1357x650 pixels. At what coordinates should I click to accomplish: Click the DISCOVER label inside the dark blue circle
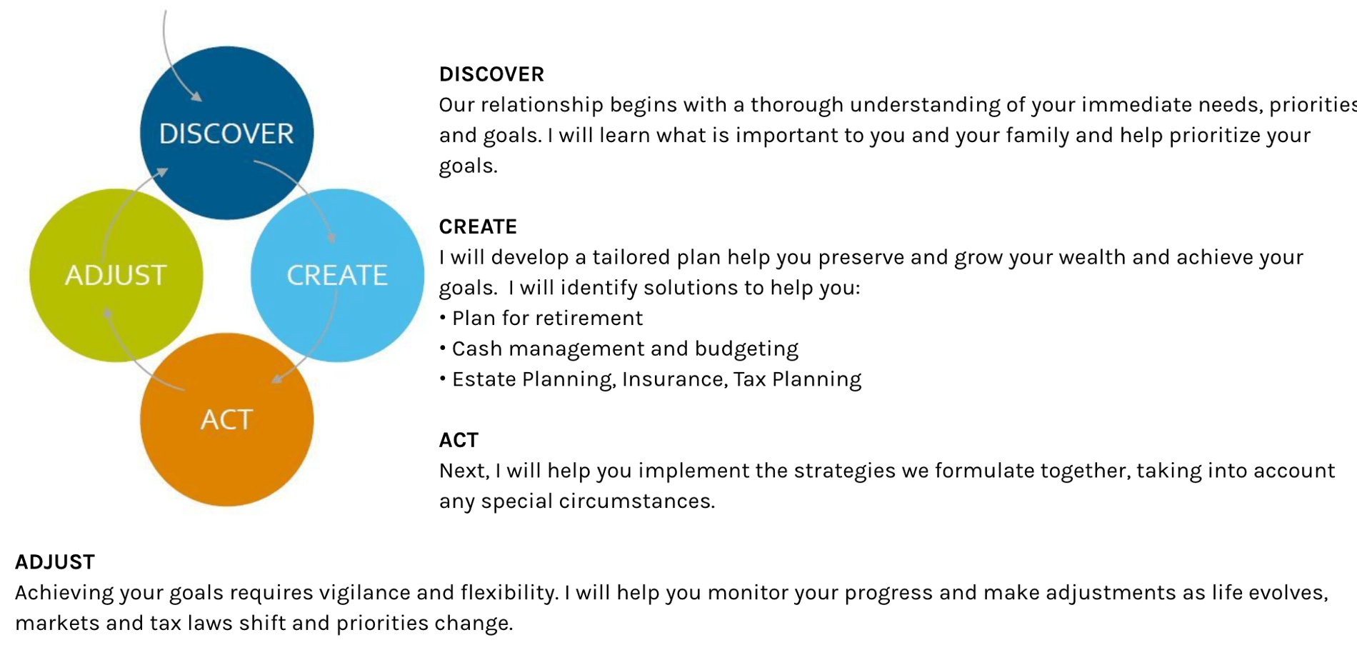click(226, 134)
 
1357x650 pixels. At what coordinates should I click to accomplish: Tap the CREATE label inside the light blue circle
click(337, 275)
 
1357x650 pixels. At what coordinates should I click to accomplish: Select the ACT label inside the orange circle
click(226, 419)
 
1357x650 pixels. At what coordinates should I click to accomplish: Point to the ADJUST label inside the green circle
click(116, 275)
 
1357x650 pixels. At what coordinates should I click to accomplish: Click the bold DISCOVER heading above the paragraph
click(491, 74)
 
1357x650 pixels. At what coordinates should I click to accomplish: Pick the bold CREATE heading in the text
click(478, 226)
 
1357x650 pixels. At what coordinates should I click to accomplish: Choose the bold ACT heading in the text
click(459, 440)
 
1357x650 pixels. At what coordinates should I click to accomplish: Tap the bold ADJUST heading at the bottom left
click(55, 562)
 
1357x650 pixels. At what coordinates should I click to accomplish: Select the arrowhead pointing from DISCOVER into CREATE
click(331, 236)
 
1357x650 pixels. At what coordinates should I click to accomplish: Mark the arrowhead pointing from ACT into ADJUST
click(107, 314)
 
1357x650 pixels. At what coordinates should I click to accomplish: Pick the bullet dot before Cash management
click(443, 348)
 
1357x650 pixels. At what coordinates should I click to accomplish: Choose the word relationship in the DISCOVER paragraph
click(542, 105)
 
